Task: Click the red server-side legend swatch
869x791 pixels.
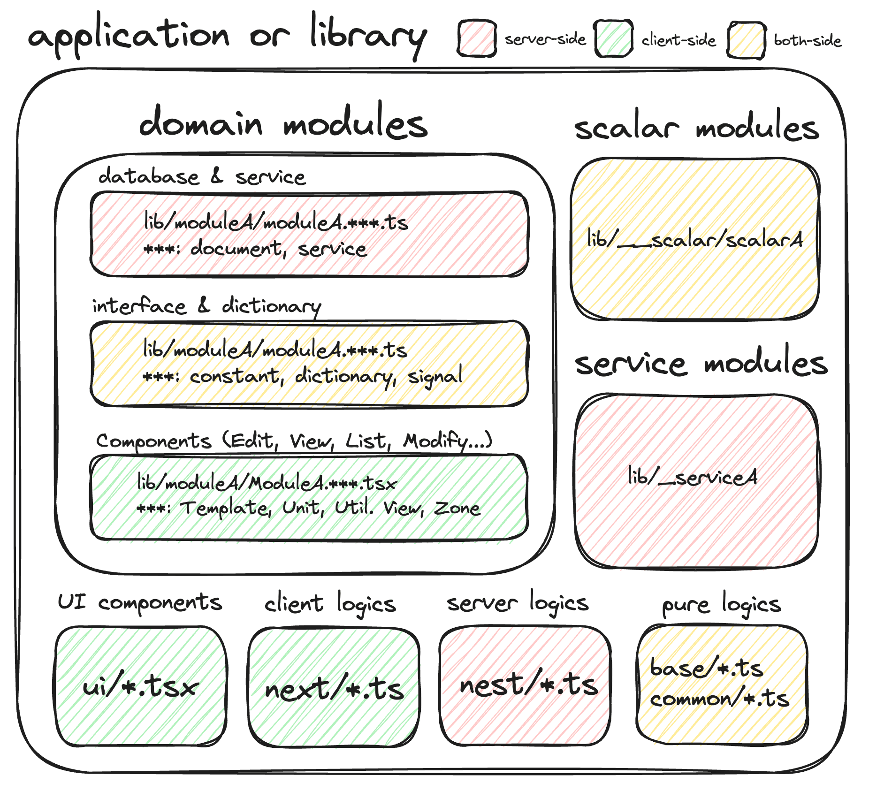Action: (477, 38)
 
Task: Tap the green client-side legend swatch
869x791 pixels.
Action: (613, 38)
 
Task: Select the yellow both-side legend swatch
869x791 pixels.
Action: (746, 40)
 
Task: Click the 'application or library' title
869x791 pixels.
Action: (228, 35)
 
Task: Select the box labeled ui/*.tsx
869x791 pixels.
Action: (141, 686)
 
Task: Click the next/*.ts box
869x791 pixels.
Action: (334, 687)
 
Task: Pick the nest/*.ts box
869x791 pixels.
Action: (526, 685)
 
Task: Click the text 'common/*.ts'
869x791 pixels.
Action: (719, 699)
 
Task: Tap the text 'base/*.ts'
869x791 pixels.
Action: (706, 668)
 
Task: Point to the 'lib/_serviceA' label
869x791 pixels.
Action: (693, 478)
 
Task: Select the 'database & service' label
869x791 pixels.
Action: (202, 177)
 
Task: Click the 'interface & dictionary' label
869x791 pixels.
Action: (206, 306)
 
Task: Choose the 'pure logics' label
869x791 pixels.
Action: (721, 605)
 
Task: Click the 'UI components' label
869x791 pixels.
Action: (139, 602)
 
